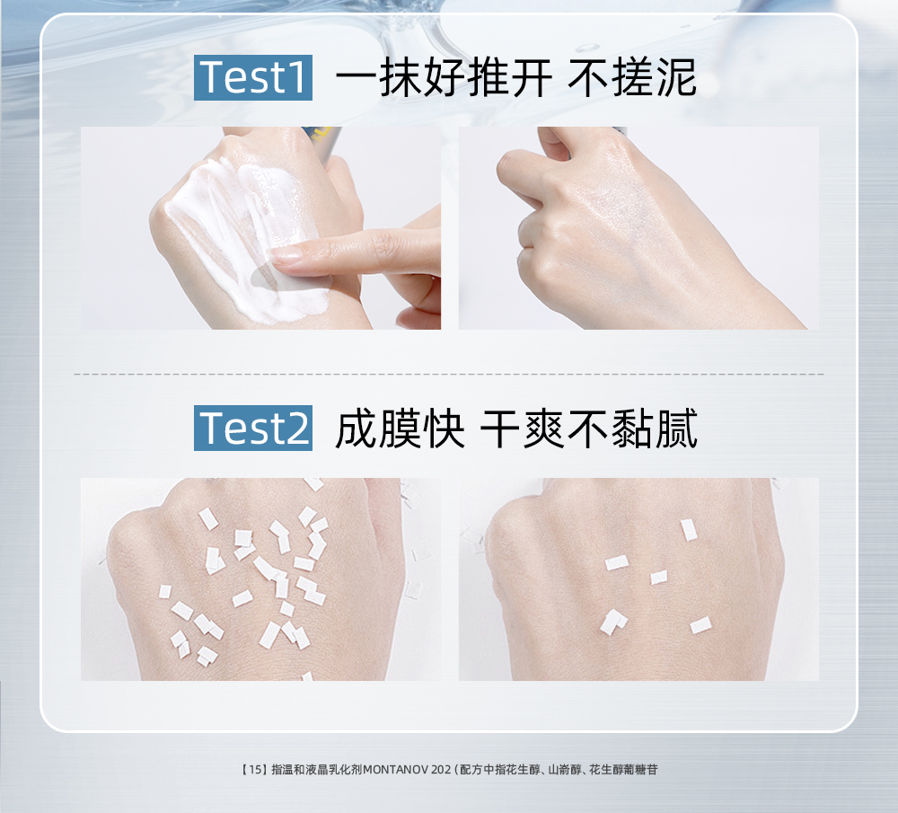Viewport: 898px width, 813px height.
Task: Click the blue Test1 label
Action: click(253, 78)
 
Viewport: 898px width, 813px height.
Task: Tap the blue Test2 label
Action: click(253, 428)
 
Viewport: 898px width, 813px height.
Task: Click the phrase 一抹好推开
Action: click(444, 78)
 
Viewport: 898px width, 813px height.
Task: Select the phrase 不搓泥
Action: click(632, 78)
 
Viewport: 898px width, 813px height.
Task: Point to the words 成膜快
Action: click(400, 429)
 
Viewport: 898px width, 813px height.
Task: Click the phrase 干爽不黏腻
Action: click(589, 429)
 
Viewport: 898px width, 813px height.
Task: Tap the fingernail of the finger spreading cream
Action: click(285, 255)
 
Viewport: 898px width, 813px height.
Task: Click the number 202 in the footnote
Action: click(441, 770)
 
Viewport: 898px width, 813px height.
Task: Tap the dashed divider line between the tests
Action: click(449, 374)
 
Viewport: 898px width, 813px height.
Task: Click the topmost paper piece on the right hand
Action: click(689, 529)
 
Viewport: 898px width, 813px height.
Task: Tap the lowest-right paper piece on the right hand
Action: click(701, 625)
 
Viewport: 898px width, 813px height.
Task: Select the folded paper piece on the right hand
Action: click(612, 622)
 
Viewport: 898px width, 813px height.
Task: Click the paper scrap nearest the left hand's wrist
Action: click(308, 676)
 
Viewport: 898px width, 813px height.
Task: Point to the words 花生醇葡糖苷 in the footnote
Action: click(623, 770)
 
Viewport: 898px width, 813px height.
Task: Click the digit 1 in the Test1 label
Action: click(298, 78)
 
